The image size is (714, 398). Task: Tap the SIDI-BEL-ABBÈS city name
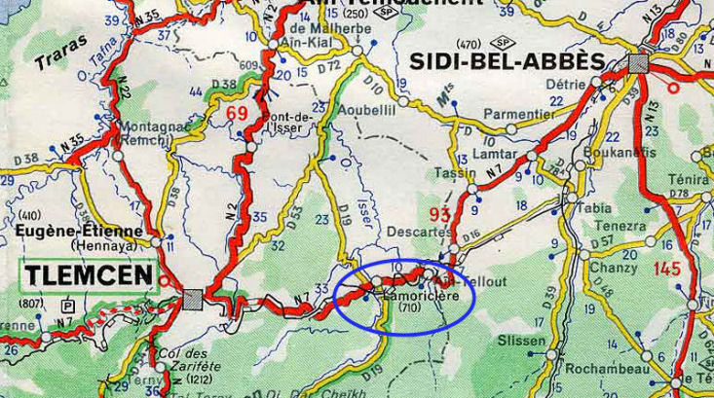point(507,61)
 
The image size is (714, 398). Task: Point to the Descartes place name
point(415,233)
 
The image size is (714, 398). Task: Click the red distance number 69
point(237,114)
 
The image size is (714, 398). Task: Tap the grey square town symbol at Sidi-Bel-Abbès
point(638,63)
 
